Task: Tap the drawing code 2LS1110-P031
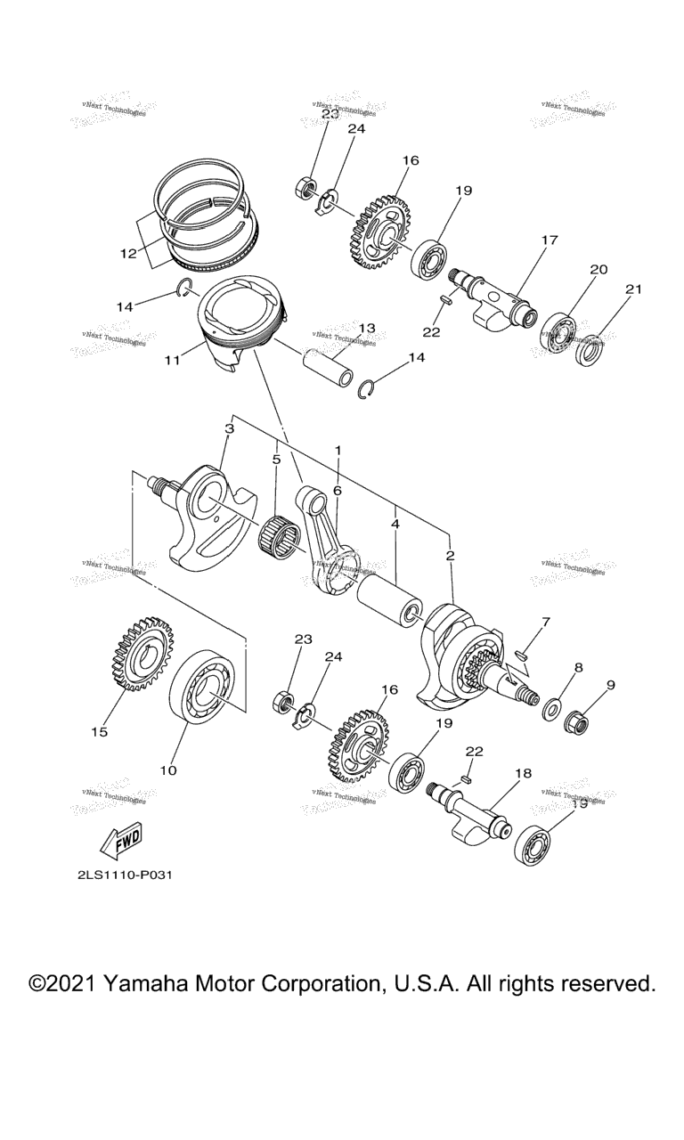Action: pyautogui.click(x=124, y=874)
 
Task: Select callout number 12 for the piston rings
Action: pyautogui.click(x=128, y=253)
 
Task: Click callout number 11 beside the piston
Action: pyautogui.click(x=172, y=361)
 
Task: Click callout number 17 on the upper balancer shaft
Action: pyautogui.click(x=549, y=240)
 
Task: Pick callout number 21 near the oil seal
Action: pyautogui.click(x=633, y=289)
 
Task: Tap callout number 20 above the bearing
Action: pyautogui.click(x=598, y=269)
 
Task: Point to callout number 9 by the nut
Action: pyautogui.click(x=611, y=685)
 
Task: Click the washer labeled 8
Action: pyautogui.click(x=552, y=709)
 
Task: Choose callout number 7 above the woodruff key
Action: pyautogui.click(x=545, y=621)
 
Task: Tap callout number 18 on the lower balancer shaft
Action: pyautogui.click(x=523, y=774)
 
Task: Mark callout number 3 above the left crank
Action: pyautogui.click(x=229, y=428)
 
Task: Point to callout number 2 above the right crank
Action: pyautogui.click(x=451, y=556)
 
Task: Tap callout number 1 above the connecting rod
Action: pyautogui.click(x=338, y=451)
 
